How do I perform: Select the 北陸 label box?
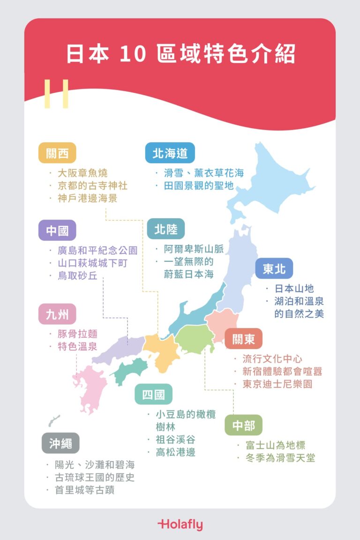[165, 229]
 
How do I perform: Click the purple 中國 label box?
[57, 230]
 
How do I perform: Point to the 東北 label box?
[274, 269]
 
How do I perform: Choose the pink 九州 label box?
[57, 314]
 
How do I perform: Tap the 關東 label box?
[243, 339]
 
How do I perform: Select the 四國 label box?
[154, 395]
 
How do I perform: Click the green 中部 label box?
[244, 426]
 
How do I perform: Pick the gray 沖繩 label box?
[60, 443]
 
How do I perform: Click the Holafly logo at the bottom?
[180, 524]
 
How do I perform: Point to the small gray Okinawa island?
[54, 420]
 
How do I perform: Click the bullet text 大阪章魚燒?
[82, 174]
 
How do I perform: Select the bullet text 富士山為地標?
[276, 445]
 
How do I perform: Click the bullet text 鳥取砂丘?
[77, 276]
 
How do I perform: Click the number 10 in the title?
[128, 55]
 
